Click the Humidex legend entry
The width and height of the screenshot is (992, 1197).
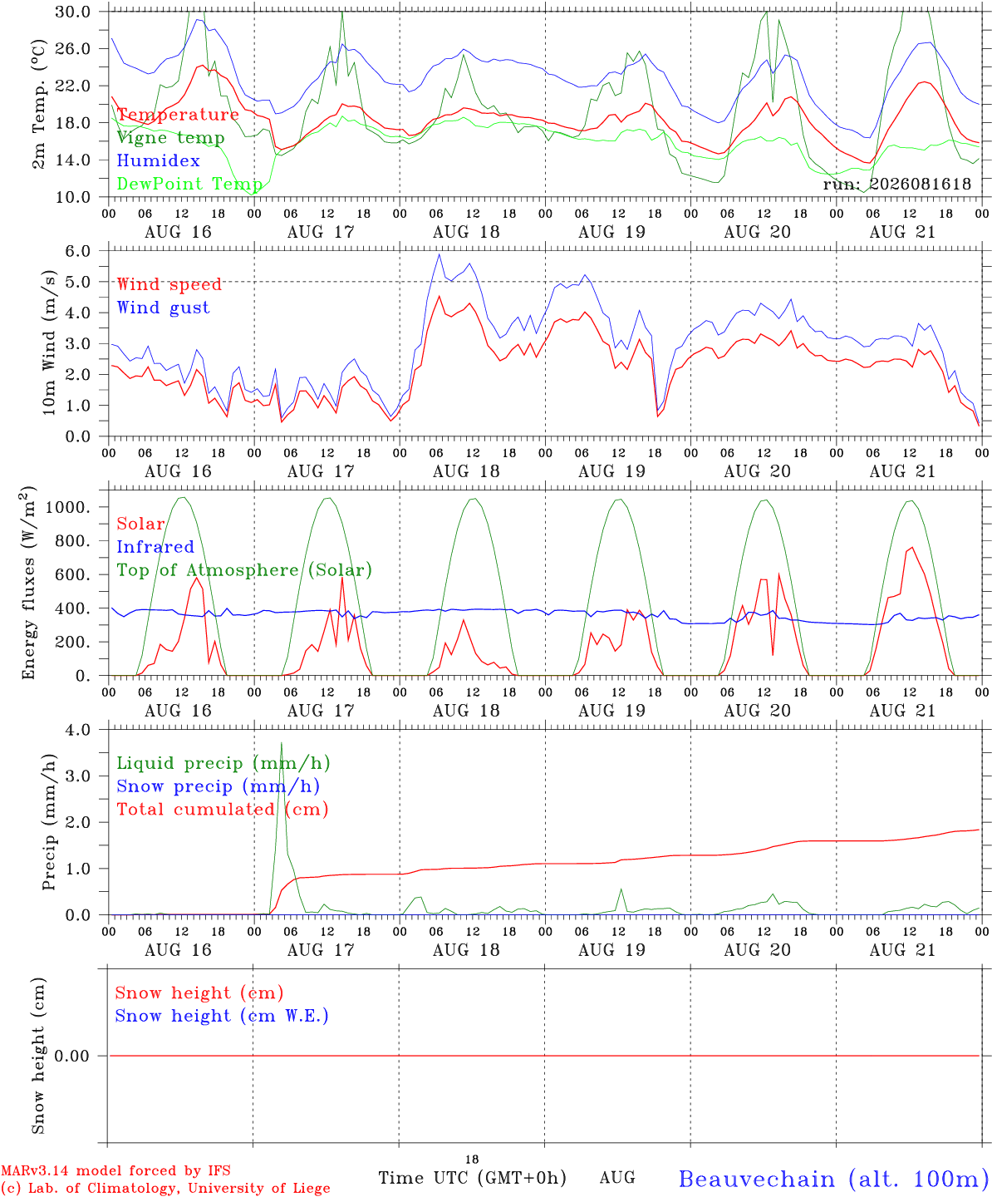point(158,160)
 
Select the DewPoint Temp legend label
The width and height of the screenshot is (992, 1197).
point(189,184)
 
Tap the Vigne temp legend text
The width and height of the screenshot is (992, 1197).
point(171,138)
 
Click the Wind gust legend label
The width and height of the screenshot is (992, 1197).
point(164,308)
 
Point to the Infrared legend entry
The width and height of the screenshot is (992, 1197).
point(155,547)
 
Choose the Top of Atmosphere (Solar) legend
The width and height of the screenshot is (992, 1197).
point(245,570)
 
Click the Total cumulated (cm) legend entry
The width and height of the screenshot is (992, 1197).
point(223,810)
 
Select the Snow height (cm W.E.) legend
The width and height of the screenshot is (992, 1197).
point(222,1016)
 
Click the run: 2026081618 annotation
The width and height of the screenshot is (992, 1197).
point(896,184)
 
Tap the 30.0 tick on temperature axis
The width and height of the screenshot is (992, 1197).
point(73,12)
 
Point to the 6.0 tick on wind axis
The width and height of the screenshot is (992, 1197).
point(78,251)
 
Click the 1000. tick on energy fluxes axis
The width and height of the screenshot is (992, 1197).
point(68,507)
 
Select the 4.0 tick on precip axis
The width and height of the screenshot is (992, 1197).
point(78,731)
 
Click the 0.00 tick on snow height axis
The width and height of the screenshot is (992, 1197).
point(72,1056)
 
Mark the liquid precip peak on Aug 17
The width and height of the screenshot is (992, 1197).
point(282,743)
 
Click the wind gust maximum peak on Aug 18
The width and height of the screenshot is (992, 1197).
point(440,254)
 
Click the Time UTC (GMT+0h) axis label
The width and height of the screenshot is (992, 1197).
point(472,1178)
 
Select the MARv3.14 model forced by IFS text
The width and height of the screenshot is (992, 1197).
point(115,1170)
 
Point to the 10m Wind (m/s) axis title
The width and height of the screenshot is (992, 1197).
point(49,342)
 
